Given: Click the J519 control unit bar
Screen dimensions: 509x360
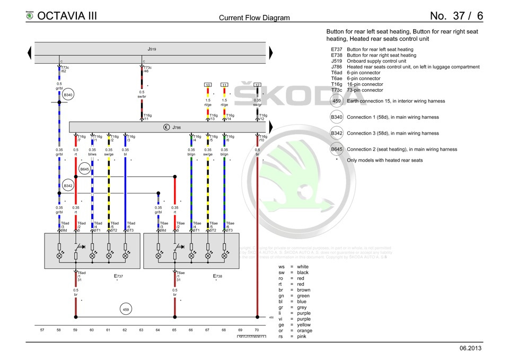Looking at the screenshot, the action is click(x=151, y=49).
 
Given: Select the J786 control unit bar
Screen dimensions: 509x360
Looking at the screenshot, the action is click(x=170, y=127).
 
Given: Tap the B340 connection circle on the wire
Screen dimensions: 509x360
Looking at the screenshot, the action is click(x=68, y=95).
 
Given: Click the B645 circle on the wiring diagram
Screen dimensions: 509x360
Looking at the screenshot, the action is click(x=84, y=169).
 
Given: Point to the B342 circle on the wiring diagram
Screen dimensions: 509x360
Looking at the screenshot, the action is click(x=68, y=186).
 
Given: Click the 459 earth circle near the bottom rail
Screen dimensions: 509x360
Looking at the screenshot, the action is click(x=126, y=309).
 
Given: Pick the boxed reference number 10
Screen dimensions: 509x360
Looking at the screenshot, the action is click(x=208, y=85).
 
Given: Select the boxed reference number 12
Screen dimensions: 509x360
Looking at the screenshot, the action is click(x=257, y=85).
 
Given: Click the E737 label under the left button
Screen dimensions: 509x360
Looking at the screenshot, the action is click(x=118, y=276).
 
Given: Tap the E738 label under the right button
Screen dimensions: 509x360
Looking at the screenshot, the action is click(x=217, y=276).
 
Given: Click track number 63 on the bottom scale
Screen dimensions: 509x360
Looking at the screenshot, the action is click(x=141, y=330).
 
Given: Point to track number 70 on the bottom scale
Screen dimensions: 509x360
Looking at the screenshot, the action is click(x=257, y=330).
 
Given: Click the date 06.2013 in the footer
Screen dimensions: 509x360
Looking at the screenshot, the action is click(x=471, y=348).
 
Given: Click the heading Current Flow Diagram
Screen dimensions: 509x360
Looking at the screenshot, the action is click(x=254, y=17).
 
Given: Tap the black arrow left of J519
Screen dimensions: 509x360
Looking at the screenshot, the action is click(x=29, y=52).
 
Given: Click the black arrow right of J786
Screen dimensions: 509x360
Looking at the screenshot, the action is click(x=271, y=127).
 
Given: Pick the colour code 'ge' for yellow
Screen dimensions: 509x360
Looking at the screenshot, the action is click(x=281, y=324).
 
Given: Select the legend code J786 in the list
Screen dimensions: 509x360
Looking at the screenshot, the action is click(x=336, y=67).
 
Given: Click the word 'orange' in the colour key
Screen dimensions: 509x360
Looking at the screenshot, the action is click(x=304, y=330).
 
